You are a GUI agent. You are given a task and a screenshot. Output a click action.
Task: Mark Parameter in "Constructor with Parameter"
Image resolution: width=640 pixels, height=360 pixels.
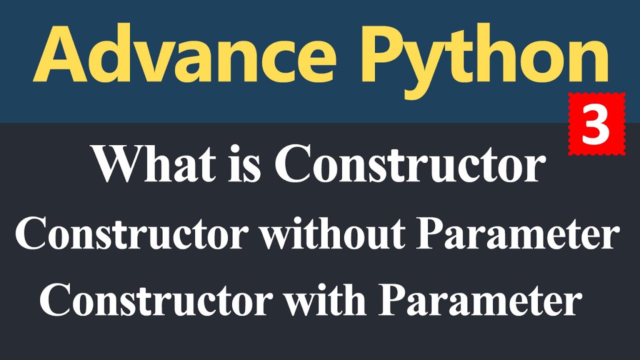(479, 301)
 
